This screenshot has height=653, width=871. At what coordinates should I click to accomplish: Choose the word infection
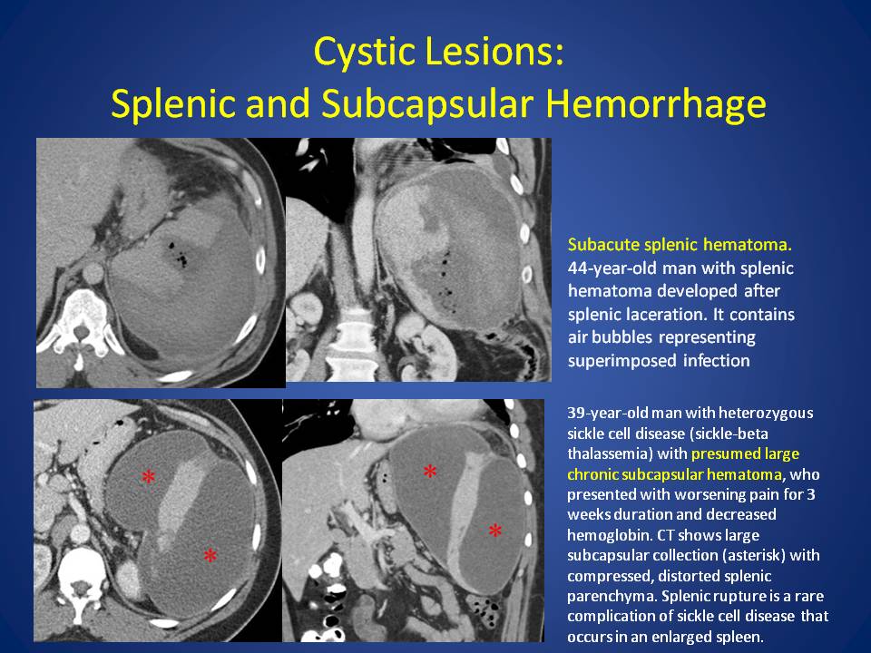pyautogui.click(x=716, y=360)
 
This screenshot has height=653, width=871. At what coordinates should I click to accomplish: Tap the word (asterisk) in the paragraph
pyautogui.click(x=745, y=555)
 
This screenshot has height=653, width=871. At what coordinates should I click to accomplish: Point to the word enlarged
pyautogui.click(x=690, y=637)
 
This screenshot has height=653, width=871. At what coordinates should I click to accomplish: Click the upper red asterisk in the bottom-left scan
pyautogui.click(x=148, y=476)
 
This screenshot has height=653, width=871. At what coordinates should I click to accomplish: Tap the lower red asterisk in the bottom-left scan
pyautogui.click(x=210, y=555)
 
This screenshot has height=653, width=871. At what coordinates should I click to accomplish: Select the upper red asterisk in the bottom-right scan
pyautogui.click(x=430, y=472)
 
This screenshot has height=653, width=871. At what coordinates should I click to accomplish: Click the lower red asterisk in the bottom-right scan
pyautogui.click(x=495, y=531)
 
